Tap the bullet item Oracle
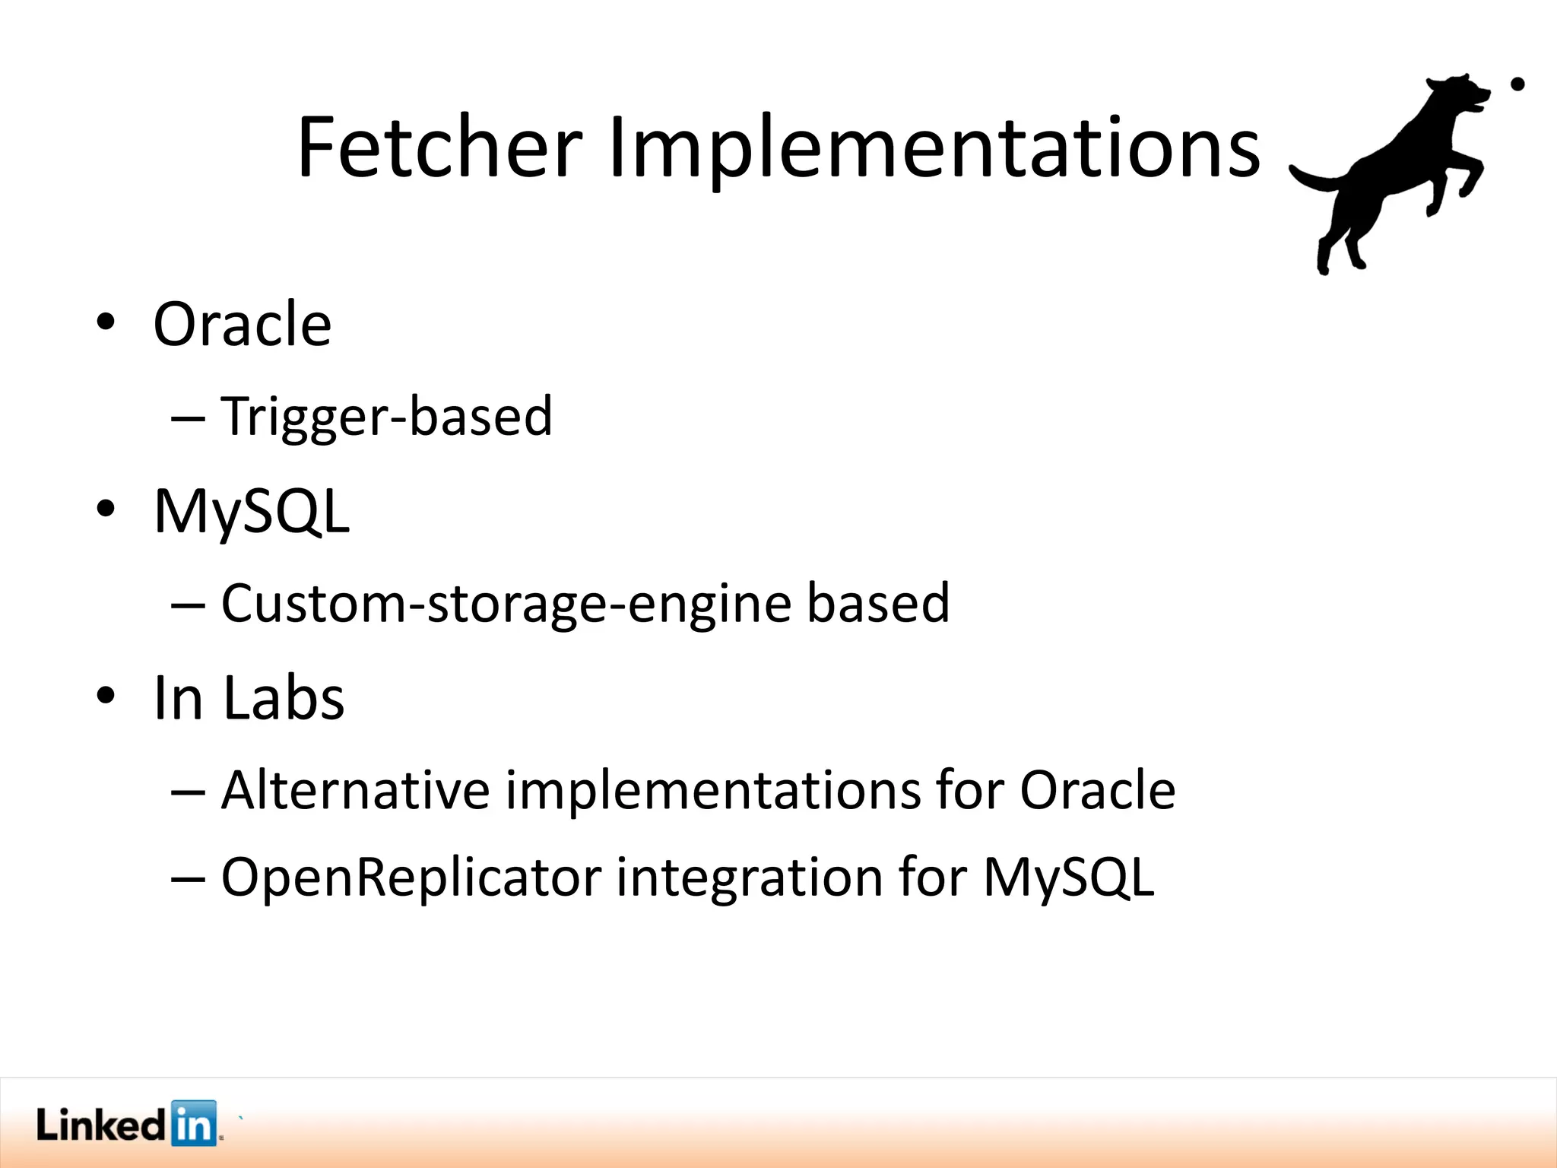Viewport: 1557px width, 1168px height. [243, 325]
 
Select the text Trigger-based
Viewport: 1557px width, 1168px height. [386, 416]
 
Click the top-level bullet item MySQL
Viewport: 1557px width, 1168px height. [252, 511]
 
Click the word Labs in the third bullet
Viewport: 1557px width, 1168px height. [284, 697]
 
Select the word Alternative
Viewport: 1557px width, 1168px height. [355, 790]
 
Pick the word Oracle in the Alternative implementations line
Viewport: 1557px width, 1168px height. [1097, 790]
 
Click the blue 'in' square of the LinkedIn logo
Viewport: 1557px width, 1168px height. [194, 1122]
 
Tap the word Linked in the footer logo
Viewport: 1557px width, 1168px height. [100, 1125]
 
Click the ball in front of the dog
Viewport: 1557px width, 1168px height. [1517, 84]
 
